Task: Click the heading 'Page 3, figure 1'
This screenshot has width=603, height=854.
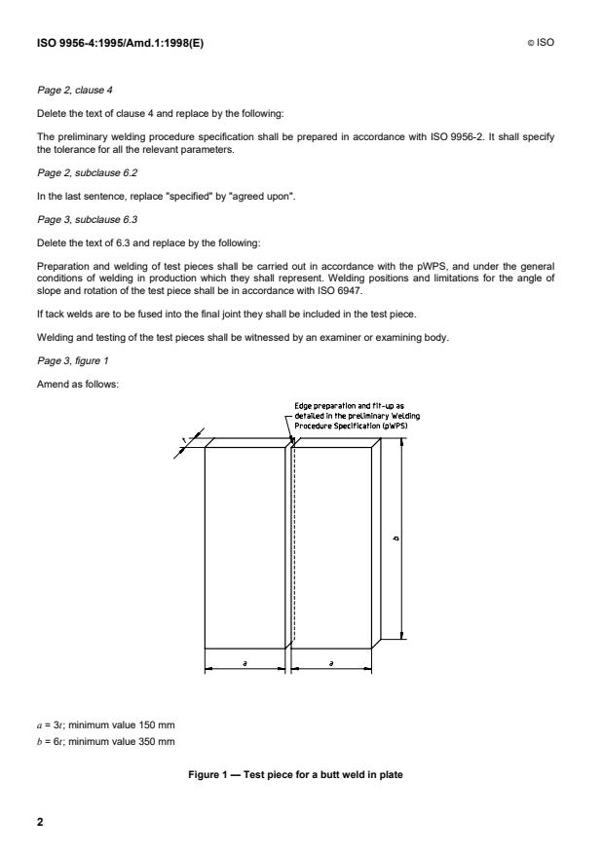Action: pyautogui.click(x=68, y=363)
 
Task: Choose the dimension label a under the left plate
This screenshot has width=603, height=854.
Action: pyautogui.click(x=245, y=661)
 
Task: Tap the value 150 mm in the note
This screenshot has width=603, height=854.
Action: pyautogui.click(x=153, y=724)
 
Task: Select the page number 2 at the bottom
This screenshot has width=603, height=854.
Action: pyautogui.click(x=40, y=822)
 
